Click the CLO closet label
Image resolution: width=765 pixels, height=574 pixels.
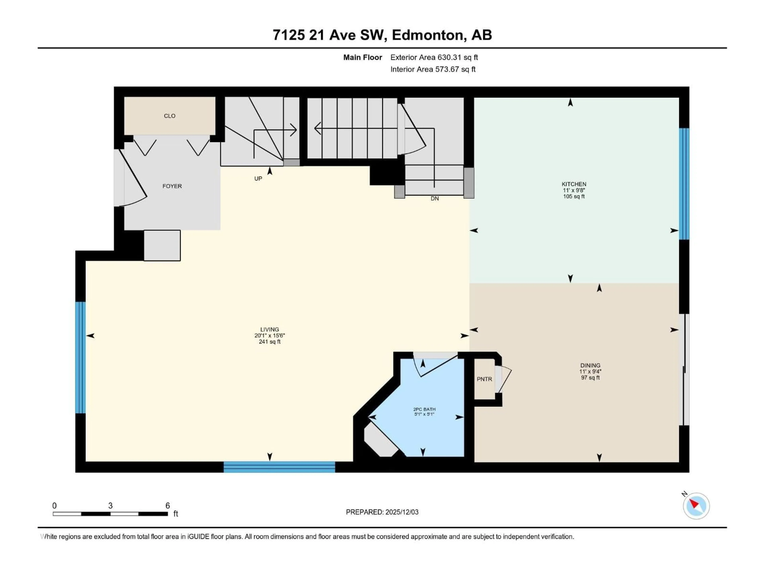(170, 116)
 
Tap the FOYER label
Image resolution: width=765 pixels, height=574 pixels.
(172, 186)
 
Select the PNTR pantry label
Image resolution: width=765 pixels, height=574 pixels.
(484, 379)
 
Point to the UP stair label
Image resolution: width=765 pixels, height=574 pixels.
(258, 179)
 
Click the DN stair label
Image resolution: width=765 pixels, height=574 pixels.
(435, 199)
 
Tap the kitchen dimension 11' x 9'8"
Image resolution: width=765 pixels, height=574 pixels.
(574, 190)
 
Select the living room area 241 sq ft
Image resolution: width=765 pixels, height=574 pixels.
(269, 342)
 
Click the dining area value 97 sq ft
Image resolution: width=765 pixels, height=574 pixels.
(590, 377)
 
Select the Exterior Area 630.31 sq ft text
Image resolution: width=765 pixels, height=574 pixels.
(434, 57)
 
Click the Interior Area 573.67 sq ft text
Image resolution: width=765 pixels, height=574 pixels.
(433, 69)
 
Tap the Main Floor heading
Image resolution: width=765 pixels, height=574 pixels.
(362, 57)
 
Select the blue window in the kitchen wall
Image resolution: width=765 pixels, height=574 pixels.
(684, 184)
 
